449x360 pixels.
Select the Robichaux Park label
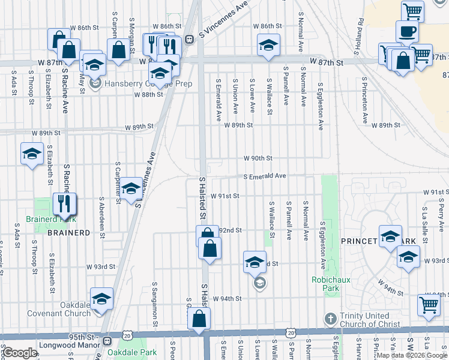pyautogui.click(x=326, y=284)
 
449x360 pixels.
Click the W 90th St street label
pyautogui.click(x=258, y=158)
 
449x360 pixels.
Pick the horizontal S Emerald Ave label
pyautogui.click(x=264, y=176)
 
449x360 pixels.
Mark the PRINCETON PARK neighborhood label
pyautogui.click(x=378, y=241)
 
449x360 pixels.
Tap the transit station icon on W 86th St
pyautogui.click(x=189, y=40)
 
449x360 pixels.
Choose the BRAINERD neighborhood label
pyautogui.click(x=68, y=232)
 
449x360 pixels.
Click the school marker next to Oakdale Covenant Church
pyautogui.click(x=101, y=298)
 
